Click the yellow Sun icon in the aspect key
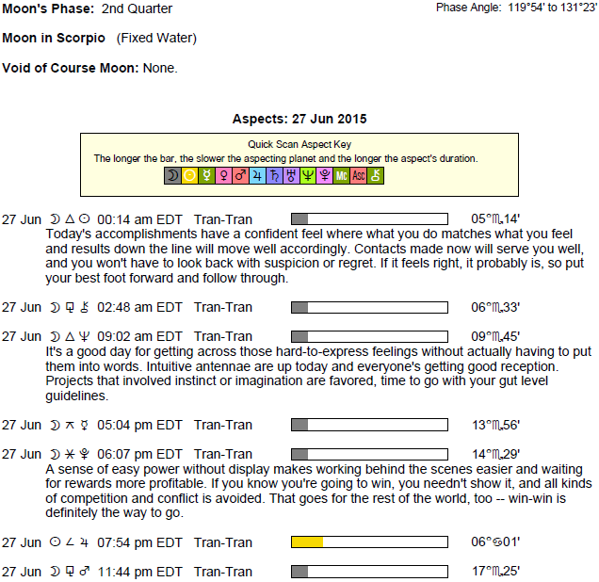pos(189,175)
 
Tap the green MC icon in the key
pos(341,175)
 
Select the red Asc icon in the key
pos(358,175)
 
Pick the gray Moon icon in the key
pos(172,175)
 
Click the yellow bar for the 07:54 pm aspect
pos(307,542)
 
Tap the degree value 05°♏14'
pos(495,218)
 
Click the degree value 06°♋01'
pos(495,542)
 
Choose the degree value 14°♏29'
pos(495,454)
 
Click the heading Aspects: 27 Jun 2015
pos(299,120)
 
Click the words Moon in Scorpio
pos(54,39)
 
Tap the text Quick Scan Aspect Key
pos(299,145)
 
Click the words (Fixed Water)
pos(157,39)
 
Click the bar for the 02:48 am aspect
pos(369,307)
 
